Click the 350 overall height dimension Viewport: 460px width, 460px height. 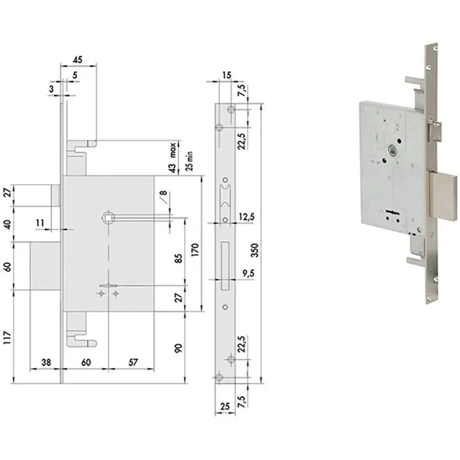point(255,250)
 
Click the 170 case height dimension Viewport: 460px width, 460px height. point(195,250)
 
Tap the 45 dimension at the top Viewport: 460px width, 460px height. point(77,60)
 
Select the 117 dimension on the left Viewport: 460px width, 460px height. point(7,338)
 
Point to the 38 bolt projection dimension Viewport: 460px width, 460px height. point(46,362)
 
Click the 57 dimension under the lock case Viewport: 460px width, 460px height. point(133,362)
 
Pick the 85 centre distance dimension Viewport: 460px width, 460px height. point(178,258)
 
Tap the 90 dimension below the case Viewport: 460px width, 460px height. point(178,348)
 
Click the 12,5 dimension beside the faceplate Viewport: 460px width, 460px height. point(247,217)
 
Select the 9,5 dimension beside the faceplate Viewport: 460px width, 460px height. point(248,274)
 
